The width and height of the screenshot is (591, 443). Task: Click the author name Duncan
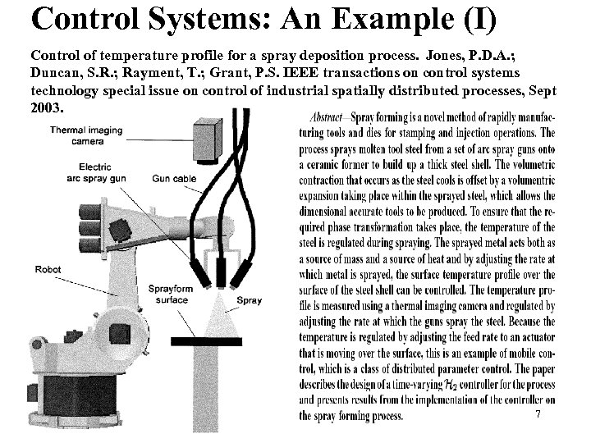tap(60, 72)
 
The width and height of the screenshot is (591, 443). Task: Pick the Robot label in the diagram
tap(47, 269)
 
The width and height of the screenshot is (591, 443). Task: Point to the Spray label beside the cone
tap(249, 301)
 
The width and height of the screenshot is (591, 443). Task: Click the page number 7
tap(538, 415)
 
